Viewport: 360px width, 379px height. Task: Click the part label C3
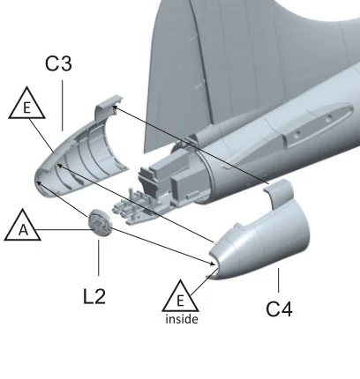pyautogui.click(x=58, y=63)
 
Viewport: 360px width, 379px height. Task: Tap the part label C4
pyautogui.click(x=279, y=309)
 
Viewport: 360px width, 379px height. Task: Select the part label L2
pyautogui.click(x=94, y=296)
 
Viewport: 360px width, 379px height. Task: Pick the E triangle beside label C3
pyautogui.click(x=26, y=105)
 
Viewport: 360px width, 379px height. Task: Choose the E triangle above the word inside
pyautogui.click(x=180, y=298)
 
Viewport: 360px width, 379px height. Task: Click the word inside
pyautogui.click(x=182, y=319)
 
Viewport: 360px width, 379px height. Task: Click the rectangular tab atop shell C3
pyautogui.click(x=108, y=106)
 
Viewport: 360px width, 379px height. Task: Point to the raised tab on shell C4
pyautogui.click(x=279, y=192)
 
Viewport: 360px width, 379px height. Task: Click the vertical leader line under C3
pyautogui.click(x=63, y=106)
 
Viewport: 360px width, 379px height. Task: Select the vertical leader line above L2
pyautogui.click(x=99, y=257)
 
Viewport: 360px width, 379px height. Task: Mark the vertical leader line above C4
pyautogui.click(x=278, y=280)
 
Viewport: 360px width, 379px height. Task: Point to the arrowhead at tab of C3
pyautogui.click(x=115, y=108)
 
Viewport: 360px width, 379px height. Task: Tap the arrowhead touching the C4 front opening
pyautogui.click(x=213, y=264)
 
